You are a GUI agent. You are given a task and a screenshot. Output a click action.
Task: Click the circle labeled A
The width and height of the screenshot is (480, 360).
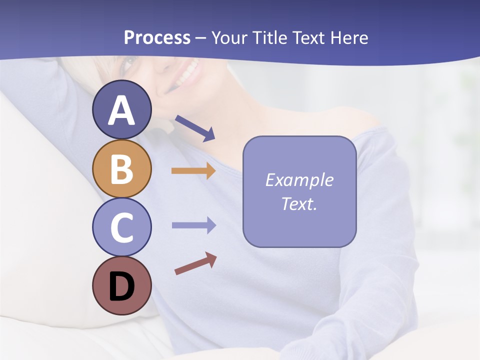click(x=121, y=110)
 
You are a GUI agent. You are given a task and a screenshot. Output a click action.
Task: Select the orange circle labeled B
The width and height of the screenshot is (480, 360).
click(x=121, y=168)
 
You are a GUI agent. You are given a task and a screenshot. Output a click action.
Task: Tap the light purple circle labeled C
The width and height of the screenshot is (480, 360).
click(x=121, y=227)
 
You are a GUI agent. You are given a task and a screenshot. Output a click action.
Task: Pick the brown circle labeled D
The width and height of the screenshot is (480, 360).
click(x=121, y=285)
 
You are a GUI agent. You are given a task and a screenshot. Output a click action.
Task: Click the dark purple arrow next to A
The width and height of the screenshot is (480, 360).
click(x=195, y=128)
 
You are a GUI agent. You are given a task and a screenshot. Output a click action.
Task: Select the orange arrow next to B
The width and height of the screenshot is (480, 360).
click(x=193, y=171)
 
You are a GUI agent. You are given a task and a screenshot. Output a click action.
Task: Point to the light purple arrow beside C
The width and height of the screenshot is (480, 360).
click(x=193, y=225)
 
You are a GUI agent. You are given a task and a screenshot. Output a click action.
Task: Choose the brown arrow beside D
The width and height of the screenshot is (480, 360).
click(x=195, y=263)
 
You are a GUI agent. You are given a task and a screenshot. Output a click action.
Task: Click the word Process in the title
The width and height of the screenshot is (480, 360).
click(x=157, y=38)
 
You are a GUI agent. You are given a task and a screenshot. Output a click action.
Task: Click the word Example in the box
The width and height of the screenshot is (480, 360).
click(x=299, y=180)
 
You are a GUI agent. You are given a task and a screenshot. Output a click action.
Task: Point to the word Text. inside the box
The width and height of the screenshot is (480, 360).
click(x=299, y=204)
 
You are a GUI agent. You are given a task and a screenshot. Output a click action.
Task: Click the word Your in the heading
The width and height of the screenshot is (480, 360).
click(x=230, y=38)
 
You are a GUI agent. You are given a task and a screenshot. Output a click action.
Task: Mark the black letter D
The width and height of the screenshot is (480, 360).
click(x=121, y=286)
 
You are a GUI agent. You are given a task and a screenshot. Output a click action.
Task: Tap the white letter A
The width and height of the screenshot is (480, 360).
click(x=121, y=110)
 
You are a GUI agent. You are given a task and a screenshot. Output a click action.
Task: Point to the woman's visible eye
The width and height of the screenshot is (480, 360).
click(x=129, y=63)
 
